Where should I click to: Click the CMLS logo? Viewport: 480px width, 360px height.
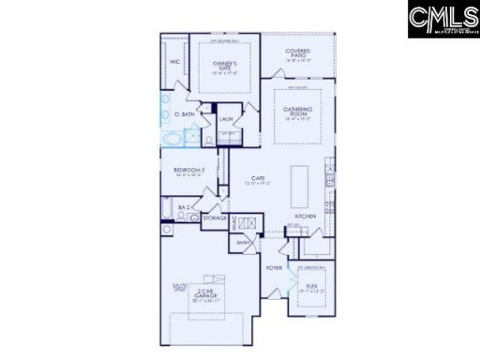pyautogui.click(x=442, y=20)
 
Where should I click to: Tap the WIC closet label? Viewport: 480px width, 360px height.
pyautogui.click(x=174, y=62)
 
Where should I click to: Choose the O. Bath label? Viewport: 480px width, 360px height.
pyautogui.click(x=185, y=114)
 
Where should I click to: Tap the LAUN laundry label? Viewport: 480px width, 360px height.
pyautogui.click(x=226, y=119)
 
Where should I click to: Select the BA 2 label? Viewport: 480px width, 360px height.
pyautogui.click(x=185, y=205)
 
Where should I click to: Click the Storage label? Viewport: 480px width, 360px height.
pyautogui.click(x=215, y=217)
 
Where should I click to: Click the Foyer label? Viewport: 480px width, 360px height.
pyautogui.click(x=274, y=268)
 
